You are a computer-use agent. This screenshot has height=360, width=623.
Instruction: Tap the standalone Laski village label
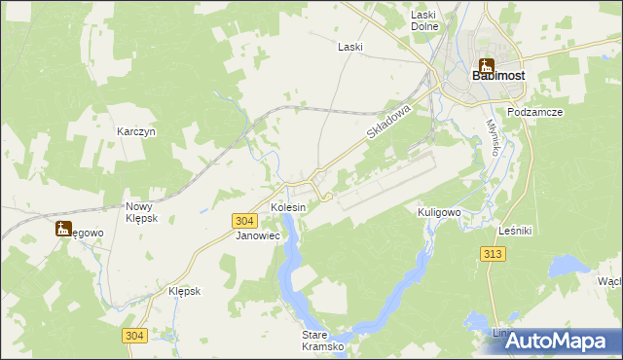point(350,46)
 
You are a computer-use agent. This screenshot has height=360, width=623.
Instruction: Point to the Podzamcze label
point(535,112)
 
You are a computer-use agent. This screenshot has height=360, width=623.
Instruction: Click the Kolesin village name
point(288,208)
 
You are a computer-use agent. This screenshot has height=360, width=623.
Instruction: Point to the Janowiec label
point(258,235)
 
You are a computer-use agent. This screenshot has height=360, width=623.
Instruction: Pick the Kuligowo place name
point(438,211)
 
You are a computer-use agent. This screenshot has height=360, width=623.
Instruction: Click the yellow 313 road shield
point(492,253)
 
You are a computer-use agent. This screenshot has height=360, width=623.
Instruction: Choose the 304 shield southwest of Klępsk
point(135,336)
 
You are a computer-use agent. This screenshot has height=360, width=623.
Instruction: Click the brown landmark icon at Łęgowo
point(64,230)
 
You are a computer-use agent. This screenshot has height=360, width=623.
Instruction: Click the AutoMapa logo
point(560,341)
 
